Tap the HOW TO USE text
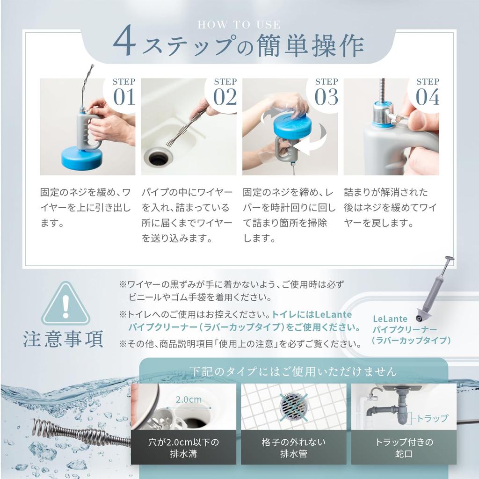coord(239,24)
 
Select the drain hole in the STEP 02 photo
coord(158,158)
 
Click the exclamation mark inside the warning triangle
coord(65,306)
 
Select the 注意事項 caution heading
coord(63,341)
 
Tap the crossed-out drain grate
coord(293,406)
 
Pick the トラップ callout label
coord(432,418)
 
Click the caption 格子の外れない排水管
coord(293,448)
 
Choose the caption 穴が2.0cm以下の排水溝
coord(183,448)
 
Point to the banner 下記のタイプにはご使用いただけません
coord(293,372)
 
